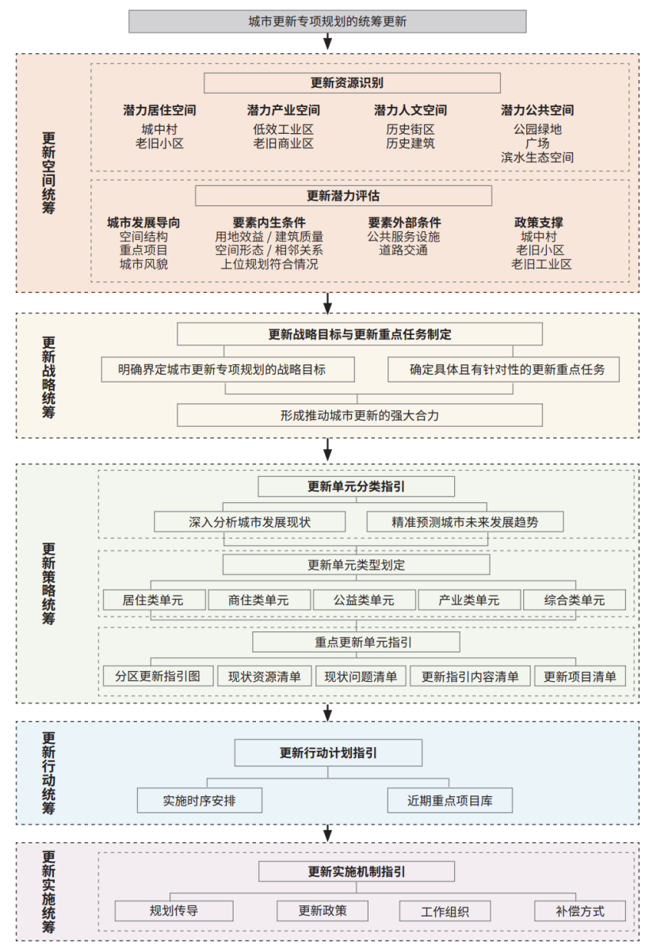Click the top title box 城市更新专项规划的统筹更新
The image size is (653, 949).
[327, 21]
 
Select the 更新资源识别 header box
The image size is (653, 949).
[352, 83]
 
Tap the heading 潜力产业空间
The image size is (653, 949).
[284, 110]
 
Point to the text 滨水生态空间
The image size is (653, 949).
[537, 158]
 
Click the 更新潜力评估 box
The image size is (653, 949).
[343, 196]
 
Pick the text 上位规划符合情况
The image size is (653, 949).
[269, 264]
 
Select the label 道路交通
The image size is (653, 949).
[403, 250]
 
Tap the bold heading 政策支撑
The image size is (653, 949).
[539, 223]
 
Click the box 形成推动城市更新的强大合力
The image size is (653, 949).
[360, 416]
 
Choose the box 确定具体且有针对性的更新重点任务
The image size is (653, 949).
[503, 370]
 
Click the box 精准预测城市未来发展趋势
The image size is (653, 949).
[465, 522]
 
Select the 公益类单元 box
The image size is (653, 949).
[364, 600]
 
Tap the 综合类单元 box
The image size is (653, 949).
[575, 600]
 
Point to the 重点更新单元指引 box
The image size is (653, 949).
[356, 642]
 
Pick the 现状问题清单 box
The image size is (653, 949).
[361, 676]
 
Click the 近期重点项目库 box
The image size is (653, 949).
[450, 801]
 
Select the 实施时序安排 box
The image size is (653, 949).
[200, 801]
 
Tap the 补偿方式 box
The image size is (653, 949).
[580, 911]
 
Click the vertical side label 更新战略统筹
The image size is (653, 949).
[48, 378]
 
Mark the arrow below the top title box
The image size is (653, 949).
[328, 41]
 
